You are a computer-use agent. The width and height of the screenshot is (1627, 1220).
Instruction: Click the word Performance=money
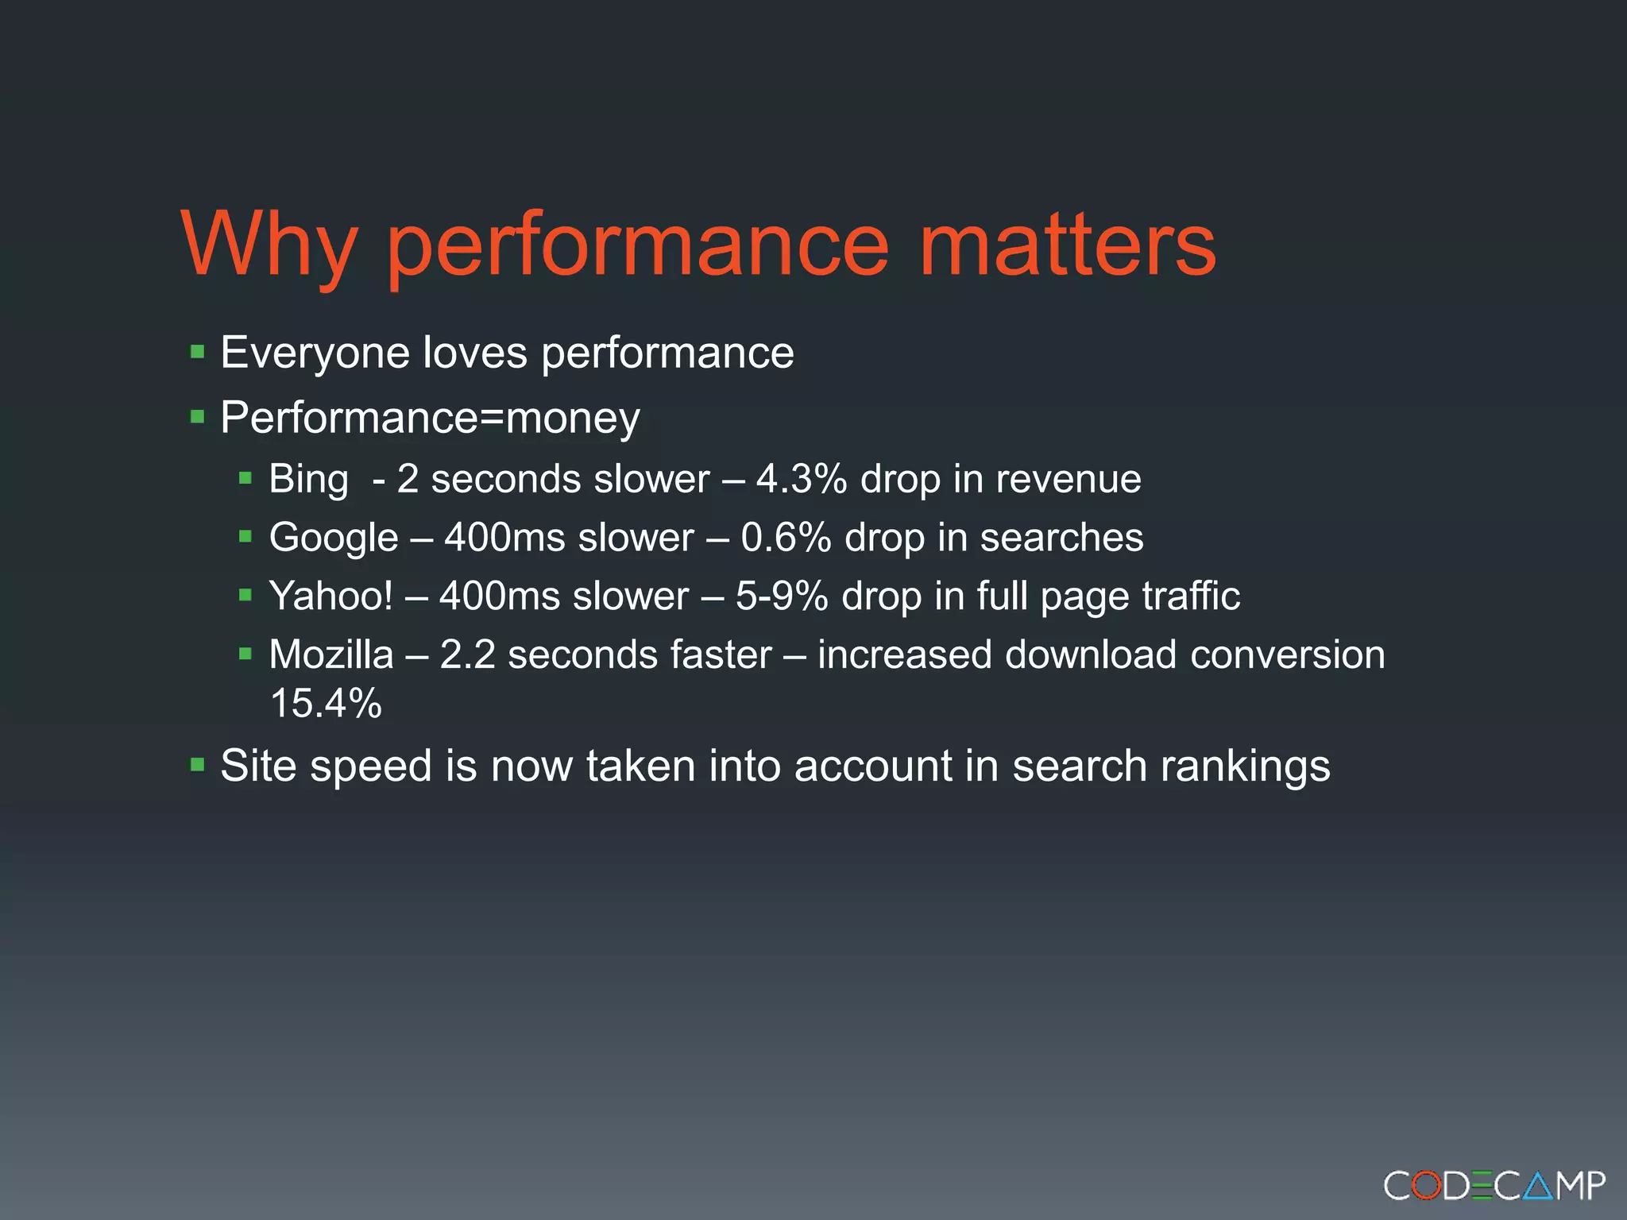pyautogui.click(x=430, y=418)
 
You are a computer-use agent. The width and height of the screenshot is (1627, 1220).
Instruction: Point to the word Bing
pyautogui.click(x=308, y=480)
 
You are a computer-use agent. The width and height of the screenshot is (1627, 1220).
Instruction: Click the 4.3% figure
pyautogui.click(x=801, y=479)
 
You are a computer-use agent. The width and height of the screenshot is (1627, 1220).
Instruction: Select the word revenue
pyautogui.click(x=1068, y=479)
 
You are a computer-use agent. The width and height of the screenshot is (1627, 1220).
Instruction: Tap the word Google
pyautogui.click(x=334, y=538)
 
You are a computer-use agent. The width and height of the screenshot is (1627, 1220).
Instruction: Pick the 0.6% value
pyautogui.click(x=786, y=538)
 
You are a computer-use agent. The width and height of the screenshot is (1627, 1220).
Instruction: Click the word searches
pyautogui.click(x=1061, y=538)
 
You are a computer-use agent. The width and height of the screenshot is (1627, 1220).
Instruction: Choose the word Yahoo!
pyautogui.click(x=330, y=596)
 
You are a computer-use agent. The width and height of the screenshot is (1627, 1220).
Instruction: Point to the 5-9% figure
pyautogui.click(x=782, y=596)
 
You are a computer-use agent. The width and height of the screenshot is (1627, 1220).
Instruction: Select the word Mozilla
pyautogui.click(x=331, y=655)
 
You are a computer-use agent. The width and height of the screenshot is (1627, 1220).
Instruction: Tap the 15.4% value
pyautogui.click(x=326, y=704)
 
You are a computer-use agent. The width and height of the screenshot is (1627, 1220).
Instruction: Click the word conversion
pyautogui.click(x=1287, y=655)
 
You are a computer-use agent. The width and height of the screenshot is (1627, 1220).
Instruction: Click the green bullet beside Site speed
pyautogui.click(x=198, y=766)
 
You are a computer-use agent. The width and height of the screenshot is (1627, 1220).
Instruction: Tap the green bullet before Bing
pyautogui.click(x=245, y=478)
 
